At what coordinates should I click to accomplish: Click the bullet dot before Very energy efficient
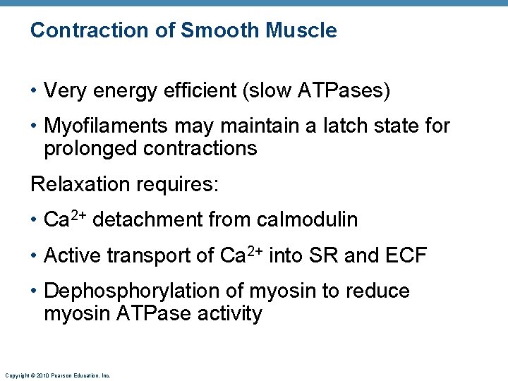click(x=34, y=91)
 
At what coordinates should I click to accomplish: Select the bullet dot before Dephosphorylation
click(x=34, y=291)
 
